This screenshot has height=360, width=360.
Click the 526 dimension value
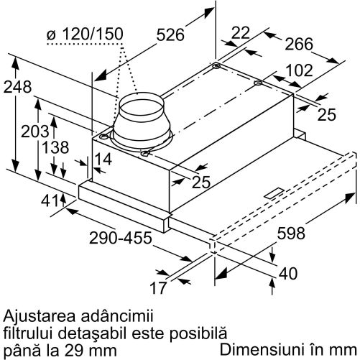pos(170,34)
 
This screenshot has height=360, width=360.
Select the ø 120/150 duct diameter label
pos(85,34)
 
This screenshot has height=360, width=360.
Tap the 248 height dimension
pos(17,87)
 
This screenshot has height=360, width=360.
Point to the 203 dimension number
pos(35,131)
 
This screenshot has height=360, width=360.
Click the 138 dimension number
pos(55,147)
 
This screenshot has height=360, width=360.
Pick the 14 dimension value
pos(103,159)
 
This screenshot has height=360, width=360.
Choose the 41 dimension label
pos(50,200)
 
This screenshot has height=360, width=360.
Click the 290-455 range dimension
pos(121,238)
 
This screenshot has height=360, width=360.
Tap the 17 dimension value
pos(158,287)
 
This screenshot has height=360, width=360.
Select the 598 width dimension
pos(291,234)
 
